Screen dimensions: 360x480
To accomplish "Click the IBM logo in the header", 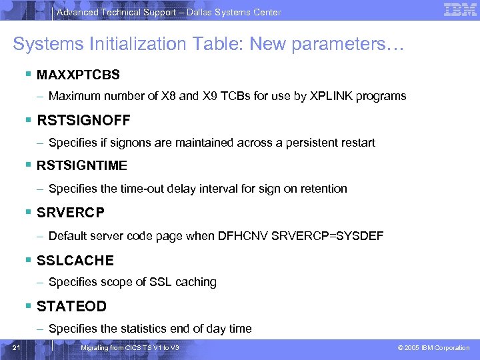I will pyautogui.click(x=459, y=10).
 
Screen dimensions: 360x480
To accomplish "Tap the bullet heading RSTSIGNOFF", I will pyautogui.click(x=83, y=121).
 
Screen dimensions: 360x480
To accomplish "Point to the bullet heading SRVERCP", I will pyautogui.click(x=71, y=213).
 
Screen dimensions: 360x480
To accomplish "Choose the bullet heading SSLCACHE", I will pyautogui.click(x=75, y=260).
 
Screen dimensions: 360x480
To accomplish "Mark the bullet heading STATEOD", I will pyautogui.click(x=71, y=307).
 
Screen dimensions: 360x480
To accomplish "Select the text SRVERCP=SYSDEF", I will pyautogui.click(x=328, y=236).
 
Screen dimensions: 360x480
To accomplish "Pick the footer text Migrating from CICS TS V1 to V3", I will pyautogui.click(x=129, y=348).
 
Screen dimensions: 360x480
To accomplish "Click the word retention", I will pyautogui.click(x=322, y=189).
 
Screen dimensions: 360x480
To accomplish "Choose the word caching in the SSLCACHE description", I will pyautogui.click(x=196, y=282).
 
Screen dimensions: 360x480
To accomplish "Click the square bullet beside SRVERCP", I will pyautogui.click(x=28, y=213).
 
